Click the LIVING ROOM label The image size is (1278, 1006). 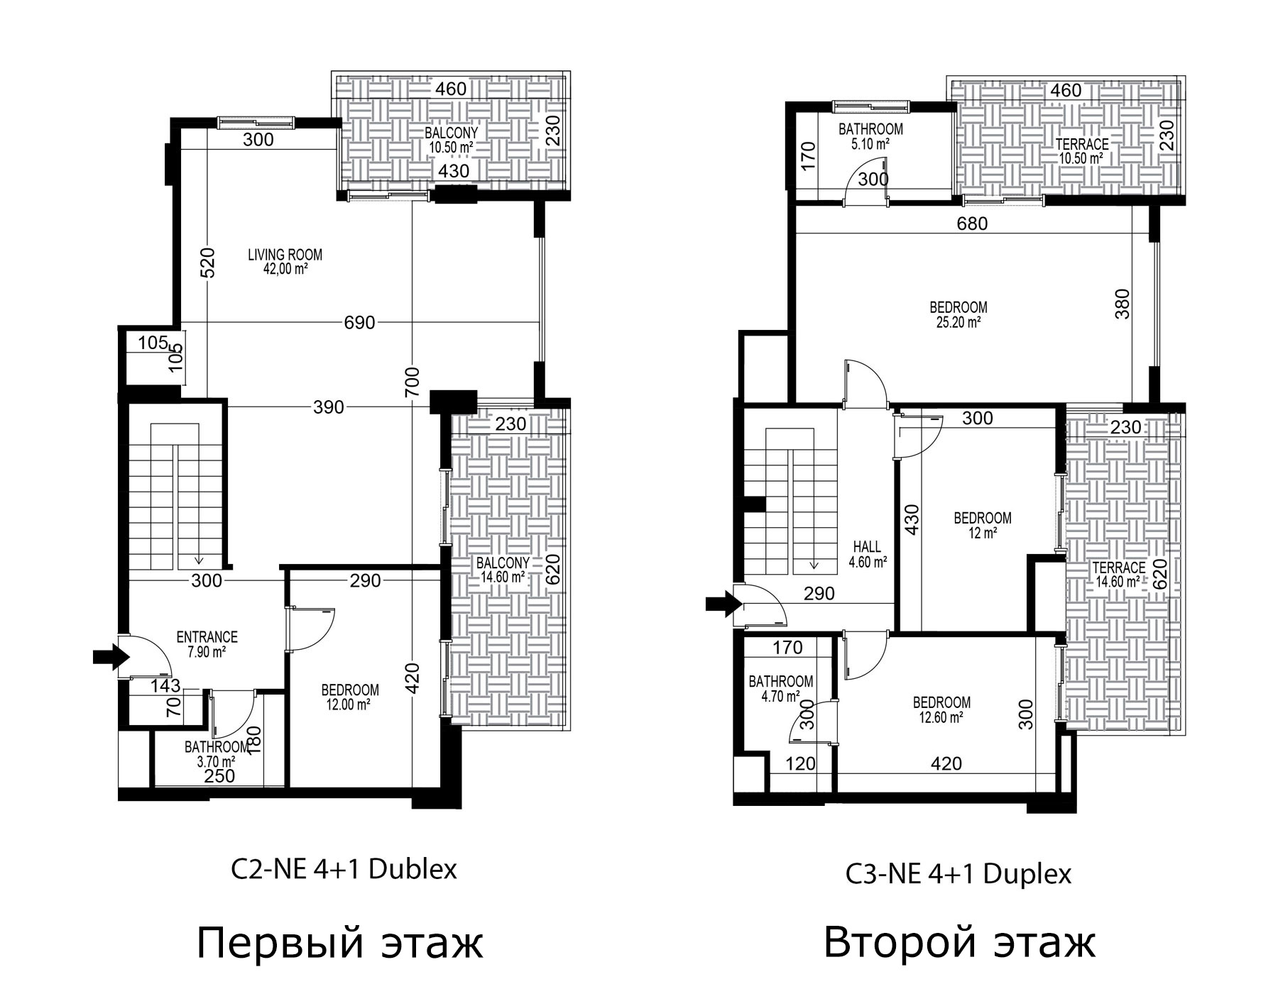tap(285, 255)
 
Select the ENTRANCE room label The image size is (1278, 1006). tap(207, 637)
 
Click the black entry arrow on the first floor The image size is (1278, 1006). tap(110, 658)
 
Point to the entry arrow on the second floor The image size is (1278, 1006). tap(723, 604)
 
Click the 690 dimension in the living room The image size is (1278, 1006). tap(359, 322)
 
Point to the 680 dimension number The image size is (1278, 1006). tap(972, 223)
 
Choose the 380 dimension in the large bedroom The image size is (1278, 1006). tap(1123, 304)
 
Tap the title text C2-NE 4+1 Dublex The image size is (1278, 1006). tap(344, 869)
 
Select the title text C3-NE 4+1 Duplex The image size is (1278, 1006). tap(958, 874)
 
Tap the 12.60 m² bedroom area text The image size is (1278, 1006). tap(941, 717)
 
